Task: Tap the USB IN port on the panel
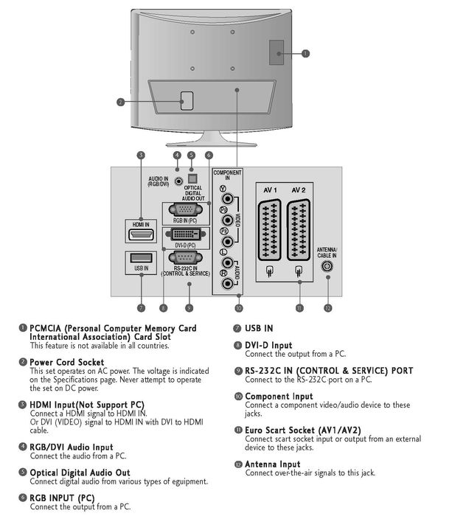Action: (x=140, y=259)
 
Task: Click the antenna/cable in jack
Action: (x=327, y=267)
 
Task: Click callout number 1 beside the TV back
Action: (x=306, y=53)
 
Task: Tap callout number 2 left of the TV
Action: (x=120, y=102)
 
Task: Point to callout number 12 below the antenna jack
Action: (x=327, y=307)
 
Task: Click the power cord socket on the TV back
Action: (x=185, y=99)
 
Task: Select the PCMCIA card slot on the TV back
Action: (x=275, y=48)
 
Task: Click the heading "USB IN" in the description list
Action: (x=259, y=327)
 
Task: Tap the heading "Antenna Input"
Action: (x=273, y=464)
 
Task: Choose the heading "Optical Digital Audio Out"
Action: (x=80, y=473)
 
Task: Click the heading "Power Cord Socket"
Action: (x=67, y=362)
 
